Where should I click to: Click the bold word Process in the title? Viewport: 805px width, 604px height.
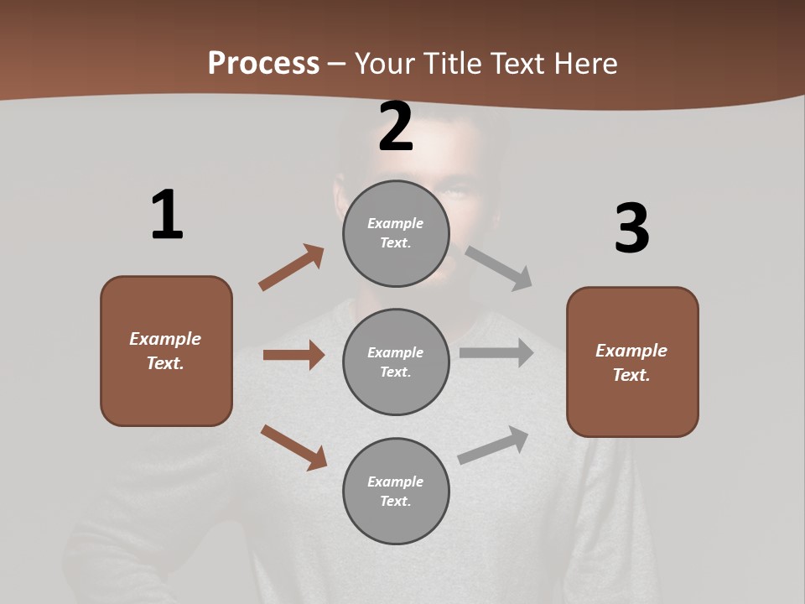pyautogui.click(x=263, y=64)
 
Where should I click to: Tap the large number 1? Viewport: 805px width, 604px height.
pyautogui.click(x=167, y=215)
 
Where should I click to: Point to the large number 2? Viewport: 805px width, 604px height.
pyautogui.click(x=396, y=127)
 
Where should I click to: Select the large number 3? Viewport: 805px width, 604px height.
pyautogui.click(x=631, y=228)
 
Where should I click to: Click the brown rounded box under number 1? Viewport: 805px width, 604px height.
pyautogui.click(x=166, y=351)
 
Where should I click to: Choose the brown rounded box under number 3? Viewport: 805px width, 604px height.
pyautogui.click(x=632, y=362)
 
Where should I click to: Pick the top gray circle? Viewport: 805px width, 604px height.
pyautogui.click(x=396, y=233)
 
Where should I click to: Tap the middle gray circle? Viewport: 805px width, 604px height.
pyautogui.click(x=396, y=362)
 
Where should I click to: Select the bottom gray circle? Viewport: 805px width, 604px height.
pyautogui.click(x=396, y=491)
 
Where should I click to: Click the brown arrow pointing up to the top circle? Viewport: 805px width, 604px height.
pyautogui.click(x=291, y=268)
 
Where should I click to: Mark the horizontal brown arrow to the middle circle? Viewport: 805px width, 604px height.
pyautogui.click(x=293, y=355)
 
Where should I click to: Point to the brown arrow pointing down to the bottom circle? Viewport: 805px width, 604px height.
pyautogui.click(x=293, y=447)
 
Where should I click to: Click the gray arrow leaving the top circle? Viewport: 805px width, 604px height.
pyautogui.click(x=499, y=268)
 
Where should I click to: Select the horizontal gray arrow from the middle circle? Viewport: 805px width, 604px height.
pyautogui.click(x=496, y=352)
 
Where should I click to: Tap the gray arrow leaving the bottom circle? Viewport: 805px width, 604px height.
pyautogui.click(x=493, y=445)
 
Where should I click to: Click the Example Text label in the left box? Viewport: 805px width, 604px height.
pyautogui.click(x=165, y=351)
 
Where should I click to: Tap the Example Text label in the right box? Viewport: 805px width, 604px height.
pyautogui.click(x=631, y=362)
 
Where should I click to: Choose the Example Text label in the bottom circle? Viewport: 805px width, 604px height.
pyautogui.click(x=396, y=491)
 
